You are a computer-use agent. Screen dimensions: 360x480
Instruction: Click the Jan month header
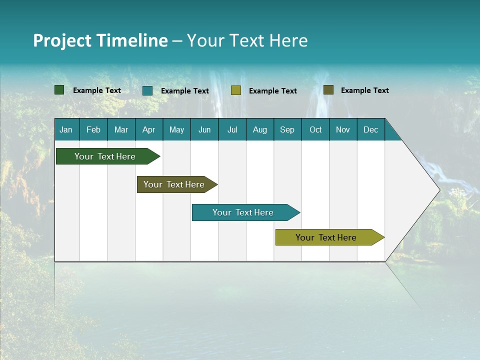point(66,129)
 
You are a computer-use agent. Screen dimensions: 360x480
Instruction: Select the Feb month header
point(93,129)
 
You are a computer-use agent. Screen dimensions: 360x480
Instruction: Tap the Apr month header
point(149,129)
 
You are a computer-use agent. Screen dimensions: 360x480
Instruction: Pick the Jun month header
point(204,129)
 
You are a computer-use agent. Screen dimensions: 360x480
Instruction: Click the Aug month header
point(260,129)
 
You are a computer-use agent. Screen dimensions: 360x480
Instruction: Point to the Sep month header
point(287,129)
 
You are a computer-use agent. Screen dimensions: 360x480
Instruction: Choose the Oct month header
point(315,129)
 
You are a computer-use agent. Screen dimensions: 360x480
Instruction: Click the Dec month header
point(371,129)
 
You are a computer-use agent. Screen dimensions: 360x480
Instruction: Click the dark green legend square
point(59,90)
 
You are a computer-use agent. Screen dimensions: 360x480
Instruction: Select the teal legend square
point(147,90)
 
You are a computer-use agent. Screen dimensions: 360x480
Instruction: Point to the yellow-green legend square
point(236,90)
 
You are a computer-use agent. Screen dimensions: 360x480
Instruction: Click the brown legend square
point(328,90)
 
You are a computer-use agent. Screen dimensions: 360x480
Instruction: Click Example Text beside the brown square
point(364,90)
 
